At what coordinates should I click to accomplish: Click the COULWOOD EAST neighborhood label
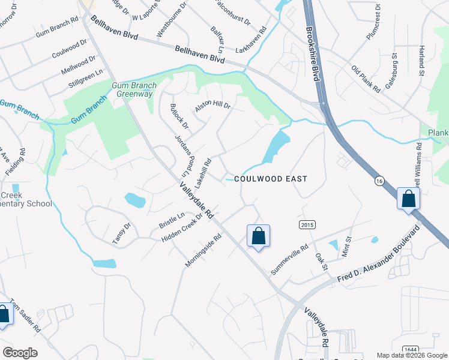point(270,179)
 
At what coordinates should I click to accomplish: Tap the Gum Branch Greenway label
point(134,89)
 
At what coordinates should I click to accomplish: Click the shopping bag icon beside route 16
point(408,199)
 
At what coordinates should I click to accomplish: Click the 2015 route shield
point(307,224)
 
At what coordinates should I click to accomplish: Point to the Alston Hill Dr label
point(212,107)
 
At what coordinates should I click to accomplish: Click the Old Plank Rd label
point(366,79)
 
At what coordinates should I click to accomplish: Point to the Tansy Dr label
point(121,233)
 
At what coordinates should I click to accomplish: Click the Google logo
point(20,353)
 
